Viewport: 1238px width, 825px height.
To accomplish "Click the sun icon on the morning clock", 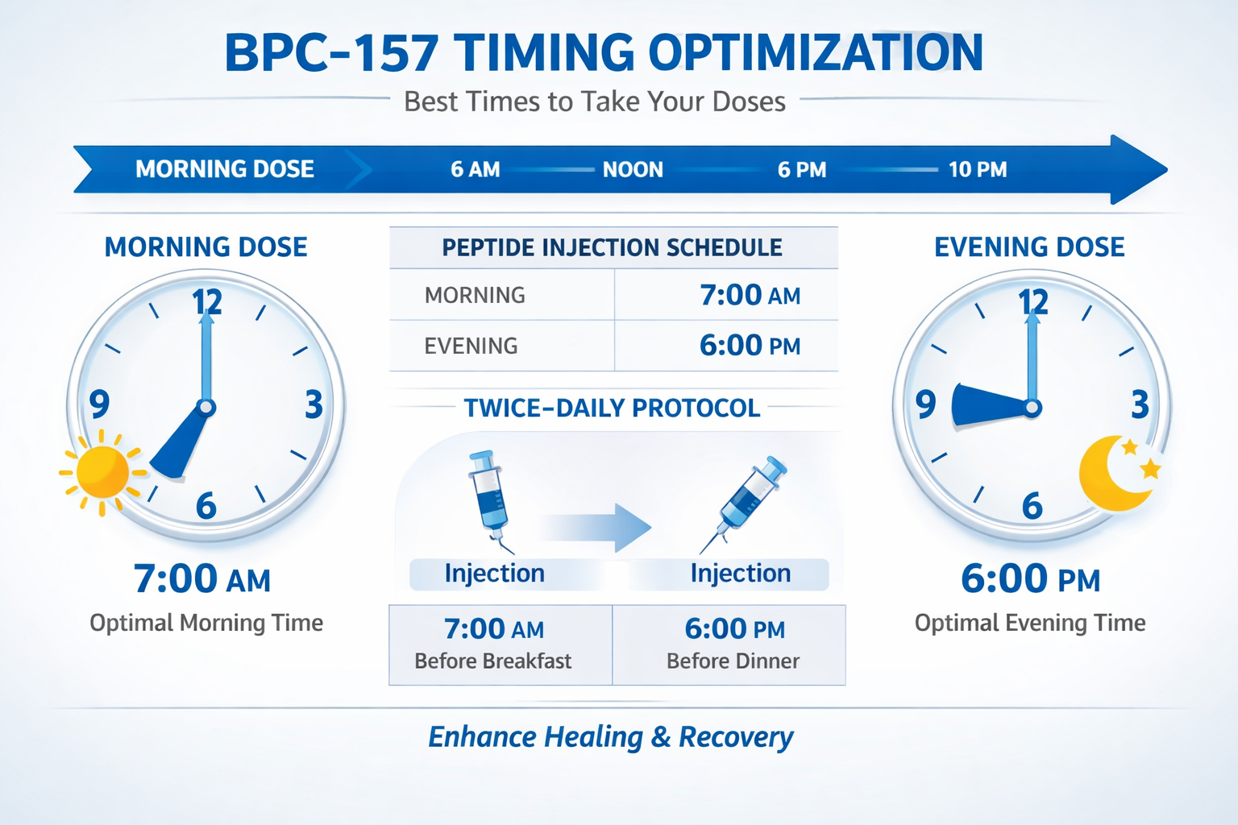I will pos(102,471).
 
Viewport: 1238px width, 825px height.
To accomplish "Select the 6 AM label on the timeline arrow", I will pos(475,169).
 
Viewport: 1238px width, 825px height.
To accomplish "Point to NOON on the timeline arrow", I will pos(633,169).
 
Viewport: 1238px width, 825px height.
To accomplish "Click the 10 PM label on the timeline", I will pos(977,169).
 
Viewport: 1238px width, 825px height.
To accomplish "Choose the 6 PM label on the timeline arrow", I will pos(801,169).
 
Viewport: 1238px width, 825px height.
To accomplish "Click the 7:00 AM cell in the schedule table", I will pos(750,295).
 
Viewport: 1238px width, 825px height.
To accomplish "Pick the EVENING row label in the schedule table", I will pos(471,346).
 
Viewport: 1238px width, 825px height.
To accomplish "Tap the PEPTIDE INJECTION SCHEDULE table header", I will pos(612,247).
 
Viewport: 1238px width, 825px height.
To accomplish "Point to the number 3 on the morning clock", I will pos(314,404).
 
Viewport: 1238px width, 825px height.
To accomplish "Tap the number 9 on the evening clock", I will pos(925,404).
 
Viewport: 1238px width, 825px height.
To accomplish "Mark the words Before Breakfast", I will pos(492,661).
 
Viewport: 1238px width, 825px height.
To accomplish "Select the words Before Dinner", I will pos(733,661).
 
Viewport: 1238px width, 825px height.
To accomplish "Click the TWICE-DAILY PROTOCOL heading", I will pos(612,408).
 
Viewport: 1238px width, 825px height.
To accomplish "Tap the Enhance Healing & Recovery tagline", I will pos(610,736).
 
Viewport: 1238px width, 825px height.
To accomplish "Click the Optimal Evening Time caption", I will pos(1029,623).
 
